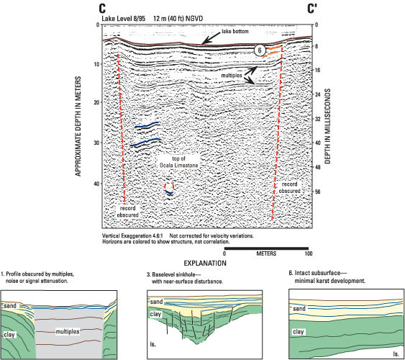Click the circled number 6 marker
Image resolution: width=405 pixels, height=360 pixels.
coord(260,50)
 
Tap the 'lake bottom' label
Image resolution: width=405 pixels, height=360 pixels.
coord(235,31)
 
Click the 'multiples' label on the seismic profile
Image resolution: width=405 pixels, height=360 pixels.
coord(232,76)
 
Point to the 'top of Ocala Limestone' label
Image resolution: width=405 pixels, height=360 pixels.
coord(178,162)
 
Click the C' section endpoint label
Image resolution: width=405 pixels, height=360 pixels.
coord(312,9)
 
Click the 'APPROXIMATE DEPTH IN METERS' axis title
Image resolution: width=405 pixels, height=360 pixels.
coord(78,126)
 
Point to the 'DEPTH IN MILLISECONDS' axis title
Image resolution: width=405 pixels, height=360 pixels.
coord(327,126)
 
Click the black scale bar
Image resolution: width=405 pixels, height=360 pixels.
coord(266,248)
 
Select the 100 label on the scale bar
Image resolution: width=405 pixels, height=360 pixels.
coord(309,253)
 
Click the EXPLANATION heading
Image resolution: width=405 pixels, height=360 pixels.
coord(205,264)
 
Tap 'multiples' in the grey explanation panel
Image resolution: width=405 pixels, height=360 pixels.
coord(68,331)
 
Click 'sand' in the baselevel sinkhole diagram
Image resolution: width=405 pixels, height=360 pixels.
coord(156,302)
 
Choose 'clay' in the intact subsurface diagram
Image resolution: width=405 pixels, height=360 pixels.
coord(299,332)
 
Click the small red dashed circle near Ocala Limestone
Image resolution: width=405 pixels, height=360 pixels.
coord(169,186)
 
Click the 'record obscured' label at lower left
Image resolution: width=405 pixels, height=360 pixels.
coord(127,212)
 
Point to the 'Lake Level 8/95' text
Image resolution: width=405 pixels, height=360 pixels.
coord(124,19)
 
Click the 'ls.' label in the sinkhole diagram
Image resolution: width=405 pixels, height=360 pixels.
coord(153,344)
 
